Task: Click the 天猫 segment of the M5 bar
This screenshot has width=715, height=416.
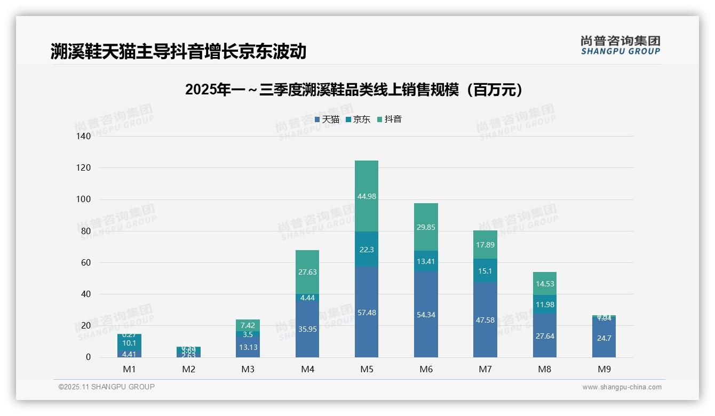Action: coord(367,313)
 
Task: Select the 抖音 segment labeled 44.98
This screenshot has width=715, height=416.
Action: coord(367,196)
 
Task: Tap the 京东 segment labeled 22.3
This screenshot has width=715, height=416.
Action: coord(367,249)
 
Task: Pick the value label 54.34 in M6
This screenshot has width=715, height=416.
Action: coord(426,315)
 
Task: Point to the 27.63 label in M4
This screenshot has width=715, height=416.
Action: coord(307,272)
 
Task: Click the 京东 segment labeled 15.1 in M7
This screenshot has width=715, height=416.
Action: coord(485,271)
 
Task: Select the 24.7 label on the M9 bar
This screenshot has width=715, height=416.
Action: coord(603,338)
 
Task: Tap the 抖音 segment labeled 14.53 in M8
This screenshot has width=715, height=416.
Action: coord(545,284)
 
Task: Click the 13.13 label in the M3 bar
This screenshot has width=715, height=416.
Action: coord(248,347)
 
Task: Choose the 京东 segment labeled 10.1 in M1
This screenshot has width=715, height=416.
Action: coord(129,343)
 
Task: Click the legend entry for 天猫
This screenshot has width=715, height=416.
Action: coord(327,119)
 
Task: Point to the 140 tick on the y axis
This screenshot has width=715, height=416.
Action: coord(84,137)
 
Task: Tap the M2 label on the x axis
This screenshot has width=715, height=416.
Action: coord(189,369)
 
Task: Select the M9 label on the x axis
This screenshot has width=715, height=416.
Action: coord(603,369)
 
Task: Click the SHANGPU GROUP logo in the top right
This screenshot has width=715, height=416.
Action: coord(620,45)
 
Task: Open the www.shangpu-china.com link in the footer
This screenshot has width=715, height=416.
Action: coord(622,387)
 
